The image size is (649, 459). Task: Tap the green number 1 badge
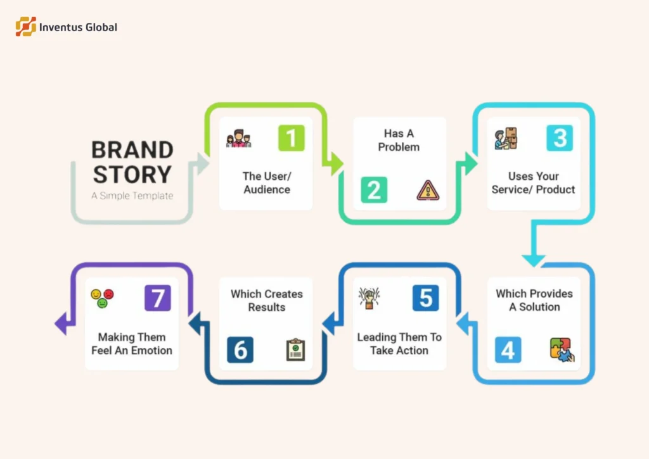pyautogui.click(x=292, y=138)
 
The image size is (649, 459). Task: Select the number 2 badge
pyautogui.click(x=374, y=190)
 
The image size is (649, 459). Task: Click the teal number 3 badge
pyautogui.click(x=560, y=138)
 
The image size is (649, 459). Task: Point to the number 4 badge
pyautogui.click(x=508, y=349)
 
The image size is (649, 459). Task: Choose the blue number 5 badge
pyautogui.click(x=425, y=298)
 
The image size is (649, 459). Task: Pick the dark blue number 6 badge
pyautogui.click(x=240, y=349)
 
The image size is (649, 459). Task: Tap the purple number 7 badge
pyautogui.click(x=158, y=298)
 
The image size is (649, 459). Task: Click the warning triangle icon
pyautogui.click(x=427, y=190)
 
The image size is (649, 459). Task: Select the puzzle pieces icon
pyautogui.click(x=562, y=349)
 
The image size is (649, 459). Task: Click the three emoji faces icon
pyautogui.click(x=102, y=298)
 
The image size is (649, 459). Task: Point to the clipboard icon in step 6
pyautogui.click(x=295, y=349)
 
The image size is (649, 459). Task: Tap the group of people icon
pyautogui.click(x=239, y=139)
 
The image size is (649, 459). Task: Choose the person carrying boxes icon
pyautogui.click(x=506, y=139)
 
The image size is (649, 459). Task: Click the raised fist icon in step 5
pyautogui.click(x=369, y=298)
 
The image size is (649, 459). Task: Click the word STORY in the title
pyautogui.click(x=131, y=175)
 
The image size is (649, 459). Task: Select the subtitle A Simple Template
pyautogui.click(x=132, y=196)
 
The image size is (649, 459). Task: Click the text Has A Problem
pyautogui.click(x=399, y=141)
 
